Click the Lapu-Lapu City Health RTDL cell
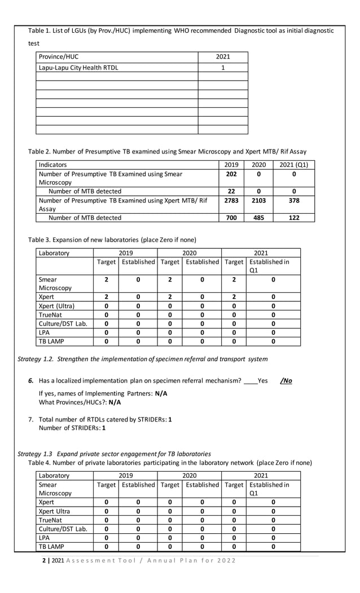[78, 68]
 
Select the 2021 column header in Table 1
[223, 57]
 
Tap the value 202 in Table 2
[231, 174]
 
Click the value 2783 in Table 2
[231, 200]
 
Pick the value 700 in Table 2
[231, 217]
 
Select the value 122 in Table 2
[294, 217]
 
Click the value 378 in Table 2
[294, 200]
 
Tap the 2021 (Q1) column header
[294, 165]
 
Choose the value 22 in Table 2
[231, 191]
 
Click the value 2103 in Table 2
[258, 200]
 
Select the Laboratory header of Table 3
[54, 253]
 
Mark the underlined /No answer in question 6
[286, 381]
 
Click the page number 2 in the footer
[44, 560]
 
